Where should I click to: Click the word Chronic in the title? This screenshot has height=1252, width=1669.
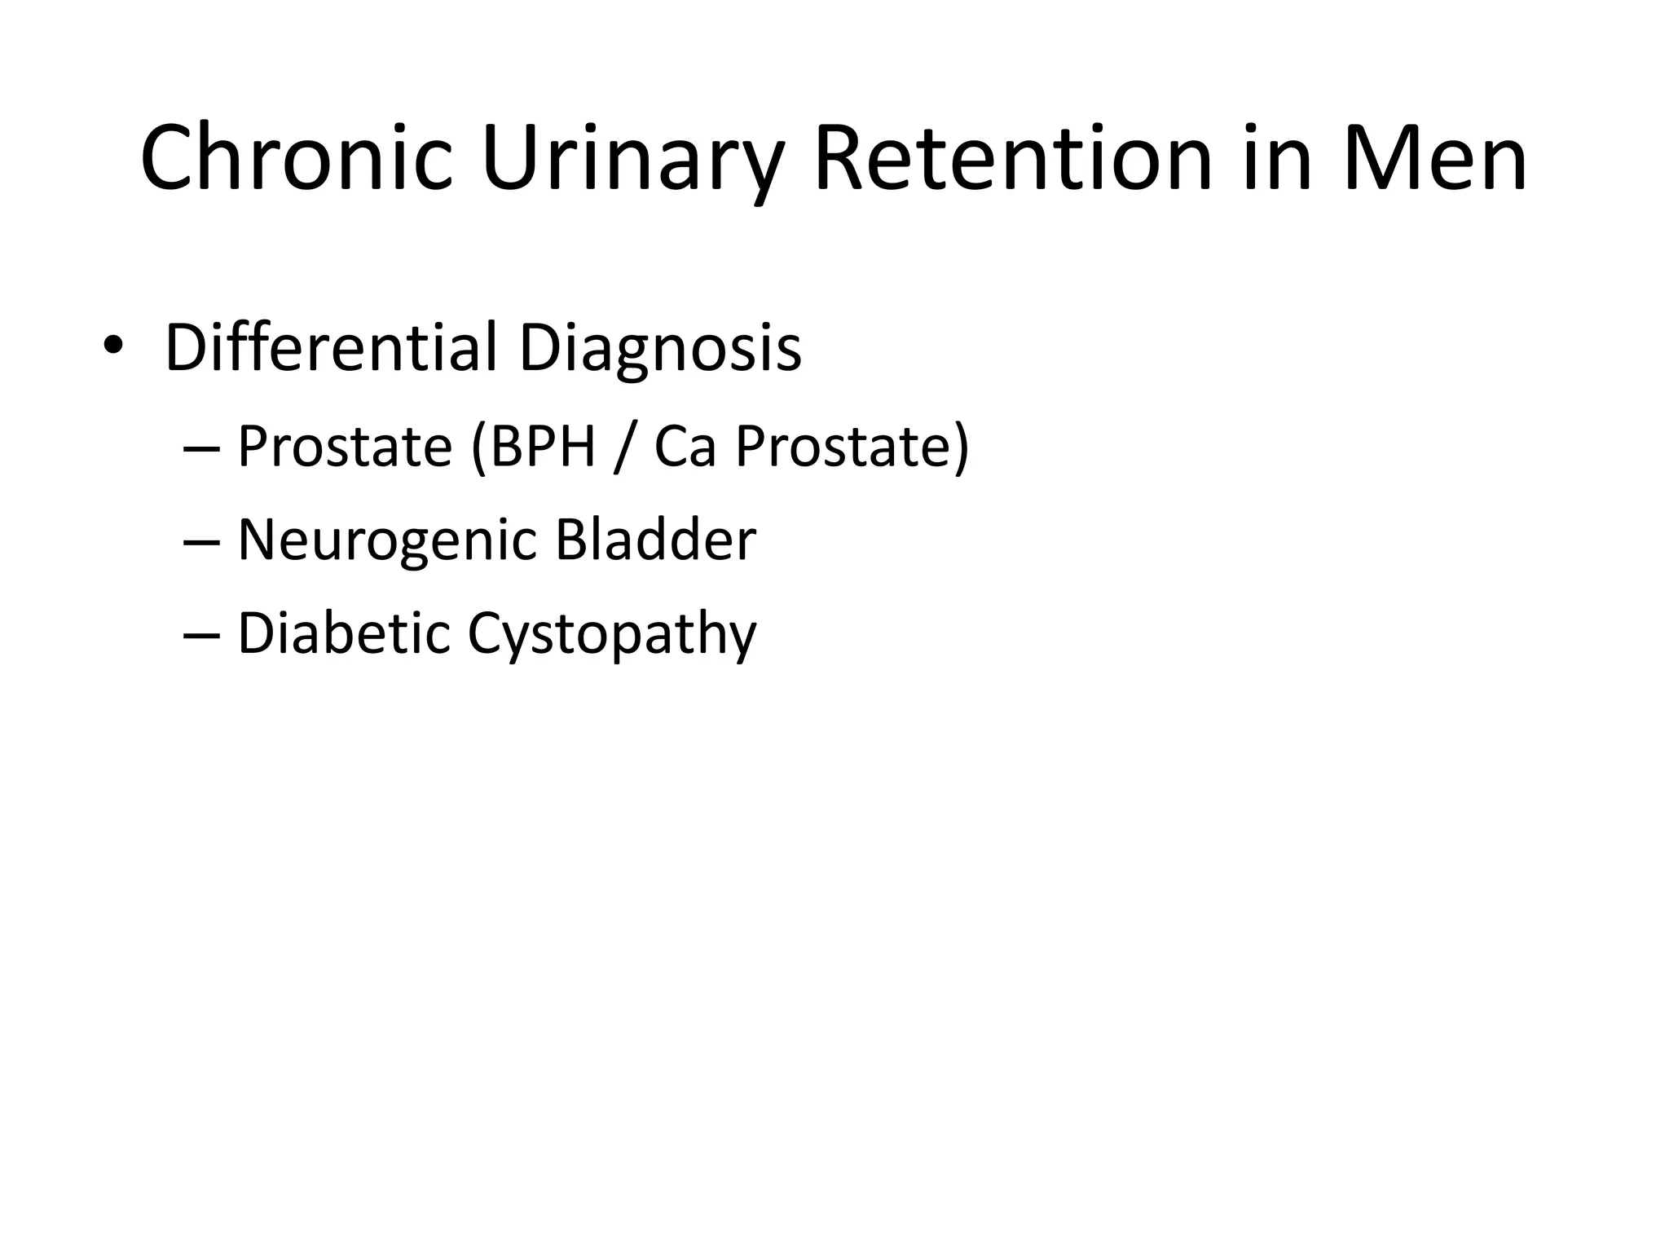(x=295, y=159)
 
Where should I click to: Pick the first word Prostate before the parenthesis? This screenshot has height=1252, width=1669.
(x=344, y=447)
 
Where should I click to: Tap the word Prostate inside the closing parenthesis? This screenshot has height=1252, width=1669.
(x=843, y=447)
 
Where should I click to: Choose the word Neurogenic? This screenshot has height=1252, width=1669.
(x=387, y=541)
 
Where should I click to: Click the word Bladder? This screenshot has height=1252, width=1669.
(x=655, y=540)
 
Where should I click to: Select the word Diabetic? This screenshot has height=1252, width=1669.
(x=343, y=633)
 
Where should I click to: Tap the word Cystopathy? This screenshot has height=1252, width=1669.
(x=611, y=635)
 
